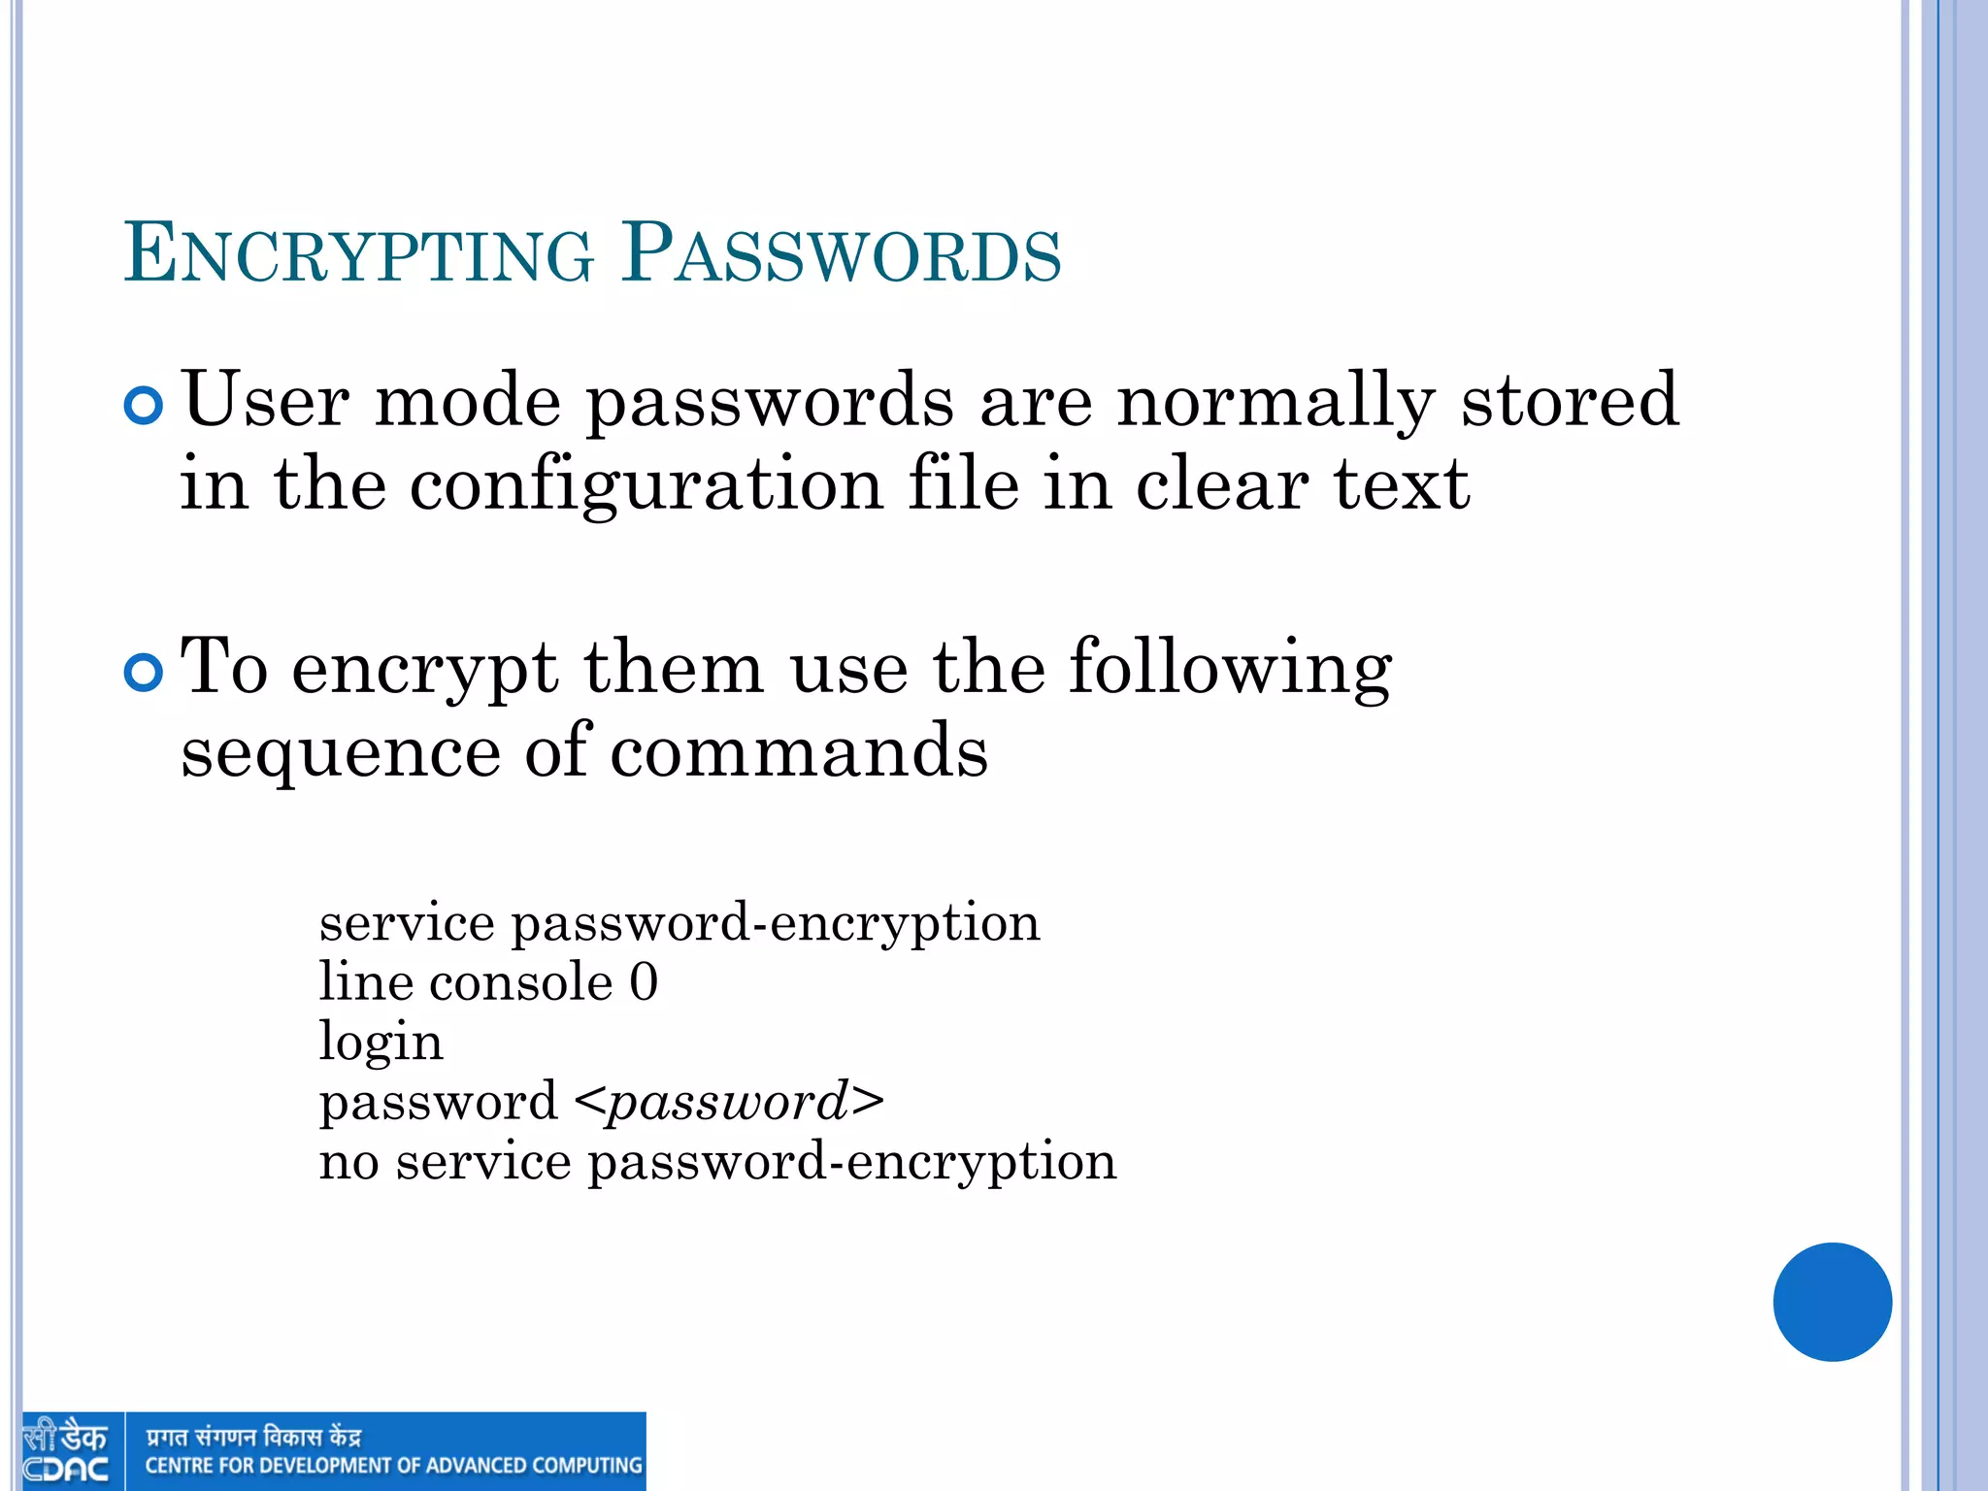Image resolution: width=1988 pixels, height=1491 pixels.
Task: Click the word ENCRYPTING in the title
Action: [x=358, y=254]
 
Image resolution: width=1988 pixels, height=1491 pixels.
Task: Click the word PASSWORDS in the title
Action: [x=842, y=254]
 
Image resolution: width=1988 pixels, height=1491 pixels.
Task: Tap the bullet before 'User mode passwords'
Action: [x=144, y=405]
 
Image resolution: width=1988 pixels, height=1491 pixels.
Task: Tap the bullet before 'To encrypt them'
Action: [x=144, y=673]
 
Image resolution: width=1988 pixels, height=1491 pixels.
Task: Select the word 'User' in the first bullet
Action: [x=265, y=399]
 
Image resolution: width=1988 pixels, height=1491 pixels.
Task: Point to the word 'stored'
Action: [x=1570, y=399]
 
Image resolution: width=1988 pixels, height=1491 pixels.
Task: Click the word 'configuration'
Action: [x=646, y=485]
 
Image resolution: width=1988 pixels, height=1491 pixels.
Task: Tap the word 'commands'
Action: [x=799, y=751]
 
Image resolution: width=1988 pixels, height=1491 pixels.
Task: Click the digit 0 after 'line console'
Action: [x=644, y=982]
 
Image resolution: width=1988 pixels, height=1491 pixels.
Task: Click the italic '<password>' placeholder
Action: [x=729, y=1102]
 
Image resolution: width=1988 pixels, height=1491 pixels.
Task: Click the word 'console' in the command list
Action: [x=521, y=982]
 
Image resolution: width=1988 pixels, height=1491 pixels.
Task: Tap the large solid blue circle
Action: [x=1832, y=1302]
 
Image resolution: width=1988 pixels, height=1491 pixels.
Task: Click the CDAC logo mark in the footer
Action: [x=66, y=1451]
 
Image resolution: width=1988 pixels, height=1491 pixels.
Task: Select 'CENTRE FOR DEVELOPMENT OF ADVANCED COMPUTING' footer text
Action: [x=393, y=1466]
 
